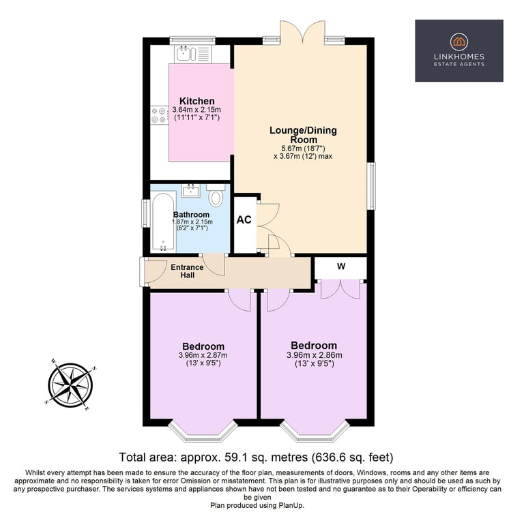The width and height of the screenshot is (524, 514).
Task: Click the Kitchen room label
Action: click(x=196, y=101)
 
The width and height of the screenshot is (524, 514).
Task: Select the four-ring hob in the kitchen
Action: click(x=160, y=115)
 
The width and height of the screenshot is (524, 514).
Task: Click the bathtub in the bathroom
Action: click(x=163, y=222)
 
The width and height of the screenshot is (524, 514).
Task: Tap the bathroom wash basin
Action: click(x=191, y=191)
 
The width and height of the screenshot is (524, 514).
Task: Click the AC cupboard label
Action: click(x=244, y=220)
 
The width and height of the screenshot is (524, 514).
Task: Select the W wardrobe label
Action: click(x=341, y=266)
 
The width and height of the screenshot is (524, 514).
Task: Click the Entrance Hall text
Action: click(x=187, y=271)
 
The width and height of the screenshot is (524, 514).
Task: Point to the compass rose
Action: click(x=70, y=385)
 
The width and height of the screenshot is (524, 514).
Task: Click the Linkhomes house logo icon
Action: click(x=458, y=42)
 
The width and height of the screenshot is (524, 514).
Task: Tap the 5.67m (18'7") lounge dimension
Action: click(x=303, y=149)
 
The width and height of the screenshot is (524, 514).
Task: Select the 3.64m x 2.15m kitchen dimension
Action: click(x=196, y=110)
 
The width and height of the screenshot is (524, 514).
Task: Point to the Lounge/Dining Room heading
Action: click(x=303, y=135)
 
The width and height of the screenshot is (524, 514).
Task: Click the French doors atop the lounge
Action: click(x=302, y=33)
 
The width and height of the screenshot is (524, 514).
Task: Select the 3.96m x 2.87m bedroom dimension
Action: click(x=203, y=355)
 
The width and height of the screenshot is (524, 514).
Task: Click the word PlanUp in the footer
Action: click(x=291, y=506)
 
